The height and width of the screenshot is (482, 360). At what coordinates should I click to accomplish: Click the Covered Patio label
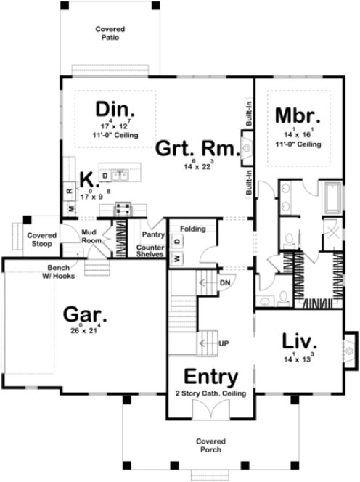[110, 33]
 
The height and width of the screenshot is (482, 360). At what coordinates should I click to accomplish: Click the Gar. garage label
[86, 316]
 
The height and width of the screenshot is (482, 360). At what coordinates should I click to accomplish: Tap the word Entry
[210, 377]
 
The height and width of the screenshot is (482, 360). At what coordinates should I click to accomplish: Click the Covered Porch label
[210, 445]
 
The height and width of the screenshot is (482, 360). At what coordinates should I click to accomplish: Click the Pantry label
[152, 235]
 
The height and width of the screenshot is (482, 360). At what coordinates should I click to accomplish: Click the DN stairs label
[225, 282]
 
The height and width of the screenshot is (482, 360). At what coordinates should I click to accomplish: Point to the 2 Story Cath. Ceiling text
[210, 393]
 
